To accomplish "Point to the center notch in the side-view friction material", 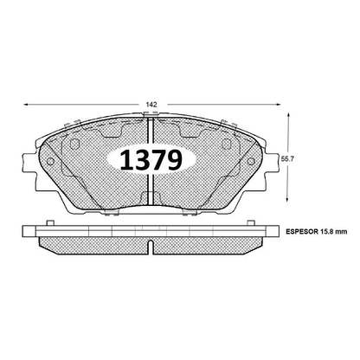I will [151, 247].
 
